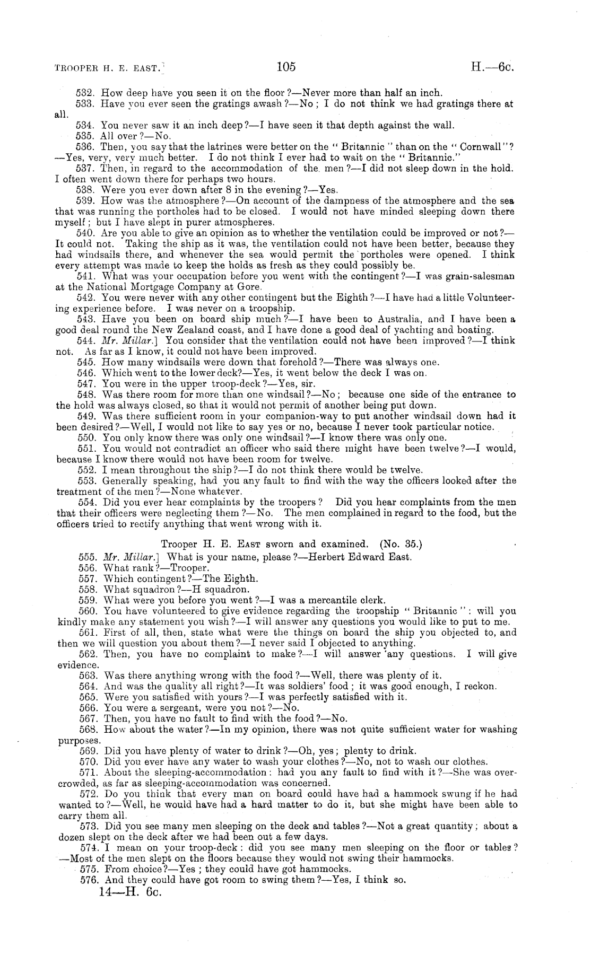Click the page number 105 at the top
(x=285, y=67)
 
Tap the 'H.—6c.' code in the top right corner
(x=493, y=67)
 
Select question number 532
(x=85, y=93)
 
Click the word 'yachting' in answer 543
(x=409, y=330)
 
